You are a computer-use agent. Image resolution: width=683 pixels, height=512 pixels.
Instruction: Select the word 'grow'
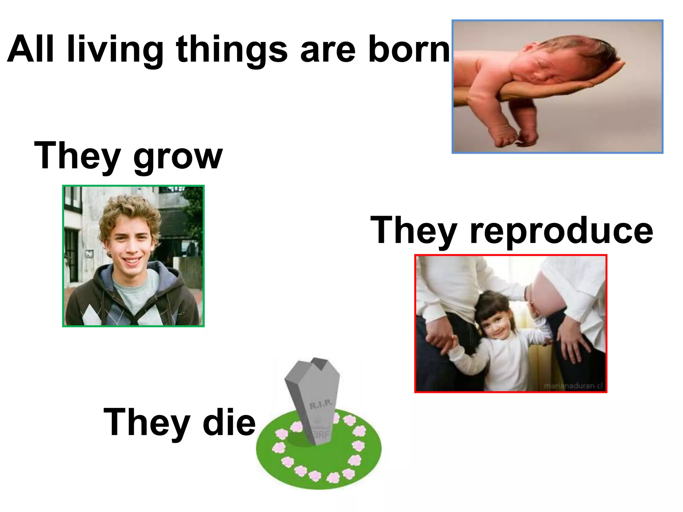tap(178, 157)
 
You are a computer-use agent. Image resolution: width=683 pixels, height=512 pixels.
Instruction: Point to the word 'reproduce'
tap(561, 231)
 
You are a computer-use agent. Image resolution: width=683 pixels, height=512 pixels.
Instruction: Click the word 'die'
tap(229, 423)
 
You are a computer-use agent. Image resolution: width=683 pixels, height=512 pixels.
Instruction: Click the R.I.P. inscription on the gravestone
tap(320, 405)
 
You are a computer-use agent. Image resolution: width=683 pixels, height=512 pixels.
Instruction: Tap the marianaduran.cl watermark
tap(573, 386)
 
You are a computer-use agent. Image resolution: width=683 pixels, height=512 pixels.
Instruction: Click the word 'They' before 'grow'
tap(77, 156)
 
